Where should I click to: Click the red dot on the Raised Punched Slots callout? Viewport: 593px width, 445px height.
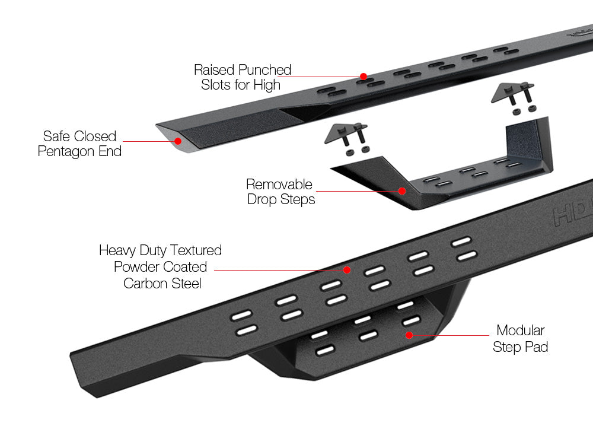coord(363,77)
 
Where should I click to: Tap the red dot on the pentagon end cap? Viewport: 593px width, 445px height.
coord(178,141)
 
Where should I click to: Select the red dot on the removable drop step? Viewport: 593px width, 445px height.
coord(402,191)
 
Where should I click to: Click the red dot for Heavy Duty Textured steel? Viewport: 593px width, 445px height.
coord(347,270)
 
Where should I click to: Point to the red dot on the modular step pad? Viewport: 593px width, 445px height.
coord(409,335)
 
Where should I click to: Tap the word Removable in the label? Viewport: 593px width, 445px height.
coord(279,184)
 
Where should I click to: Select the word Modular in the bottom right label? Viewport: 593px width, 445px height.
coord(520,330)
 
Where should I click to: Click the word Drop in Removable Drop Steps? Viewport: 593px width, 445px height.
coord(262,200)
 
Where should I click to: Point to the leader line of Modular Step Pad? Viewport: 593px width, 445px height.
coord(463,335)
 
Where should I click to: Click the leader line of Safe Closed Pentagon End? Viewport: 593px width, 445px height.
coord(148,141)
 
